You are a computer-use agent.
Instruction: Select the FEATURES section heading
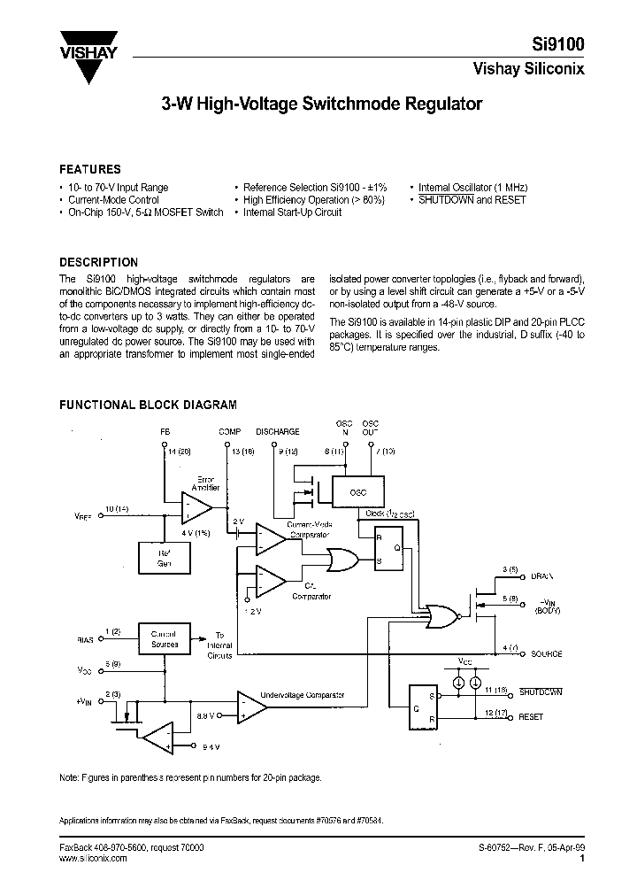pos(90,169)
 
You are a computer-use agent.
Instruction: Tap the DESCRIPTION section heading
pos(98,262)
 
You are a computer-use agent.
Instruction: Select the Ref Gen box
pos(165,559)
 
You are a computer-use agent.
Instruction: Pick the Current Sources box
pos(165,638)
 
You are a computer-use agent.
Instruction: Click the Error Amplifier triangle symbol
pos(195,509)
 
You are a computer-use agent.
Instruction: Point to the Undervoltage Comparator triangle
pos(250,706)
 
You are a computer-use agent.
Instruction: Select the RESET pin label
pos(531,717)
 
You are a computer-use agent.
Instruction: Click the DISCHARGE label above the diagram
pos(277,431)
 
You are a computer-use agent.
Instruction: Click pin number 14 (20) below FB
pos(178,452)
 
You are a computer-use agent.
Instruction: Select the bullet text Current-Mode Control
pos(113,200)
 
